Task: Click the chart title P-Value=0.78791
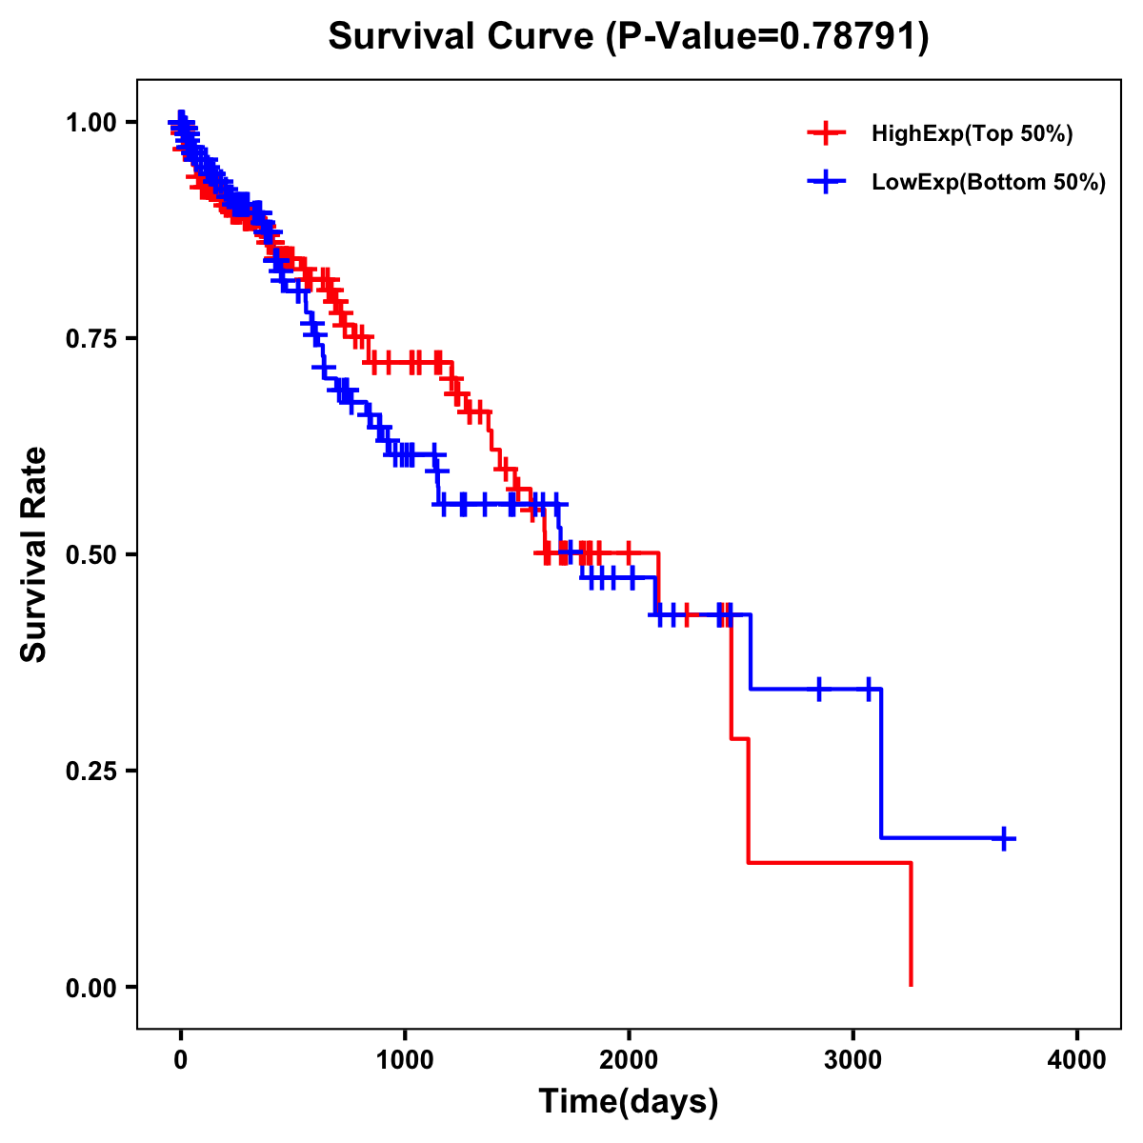tap(628, 37)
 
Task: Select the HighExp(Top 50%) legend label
tap(972, 134)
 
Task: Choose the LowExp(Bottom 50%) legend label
tap(988, 182)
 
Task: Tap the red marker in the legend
tap(826, 133)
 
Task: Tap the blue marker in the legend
tap(826, 181)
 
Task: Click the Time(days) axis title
tap(629, 1102)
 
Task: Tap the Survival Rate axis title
tap(34, 554)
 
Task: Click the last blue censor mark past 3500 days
tap(1004, 838)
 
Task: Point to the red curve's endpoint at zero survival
tap(912, 985)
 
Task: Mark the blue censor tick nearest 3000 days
tap(869, 689)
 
